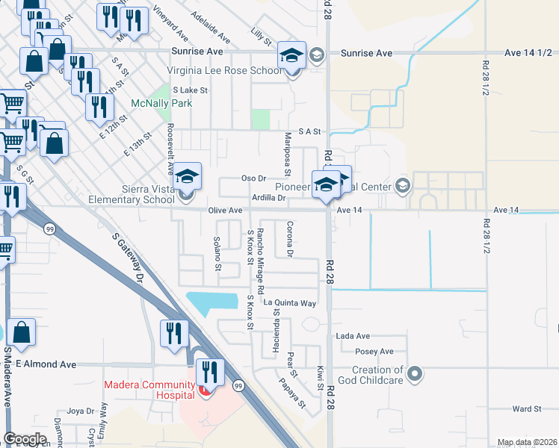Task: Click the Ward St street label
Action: click(x=526, y=409)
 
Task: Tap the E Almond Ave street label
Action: click(x=46, y=364)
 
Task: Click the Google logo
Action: click(x=25, y=439)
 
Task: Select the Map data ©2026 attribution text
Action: click(x=527, y=442)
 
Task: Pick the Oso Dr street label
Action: click(x=254, y=178)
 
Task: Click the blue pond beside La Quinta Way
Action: click(x=217, y=303)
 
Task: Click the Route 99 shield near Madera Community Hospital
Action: click(x=238, y=385)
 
